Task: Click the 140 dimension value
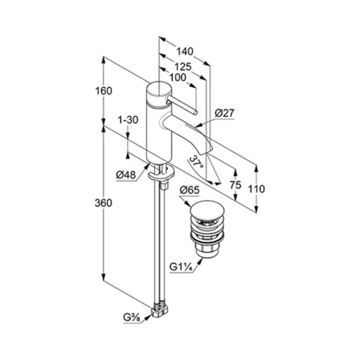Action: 185,52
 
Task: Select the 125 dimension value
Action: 183,67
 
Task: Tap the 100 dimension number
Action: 178,77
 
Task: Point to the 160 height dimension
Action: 104,91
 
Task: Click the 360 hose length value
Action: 104,203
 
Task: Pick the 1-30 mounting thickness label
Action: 128,120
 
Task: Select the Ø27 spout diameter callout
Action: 224,113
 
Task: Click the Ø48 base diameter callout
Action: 126,175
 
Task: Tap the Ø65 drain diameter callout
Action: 190,190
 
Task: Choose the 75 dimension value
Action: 236,185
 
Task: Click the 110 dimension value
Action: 256,189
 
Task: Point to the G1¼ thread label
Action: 181,267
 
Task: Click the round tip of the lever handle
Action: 195,113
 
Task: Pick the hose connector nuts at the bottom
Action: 159,310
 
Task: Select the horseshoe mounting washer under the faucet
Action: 161,173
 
